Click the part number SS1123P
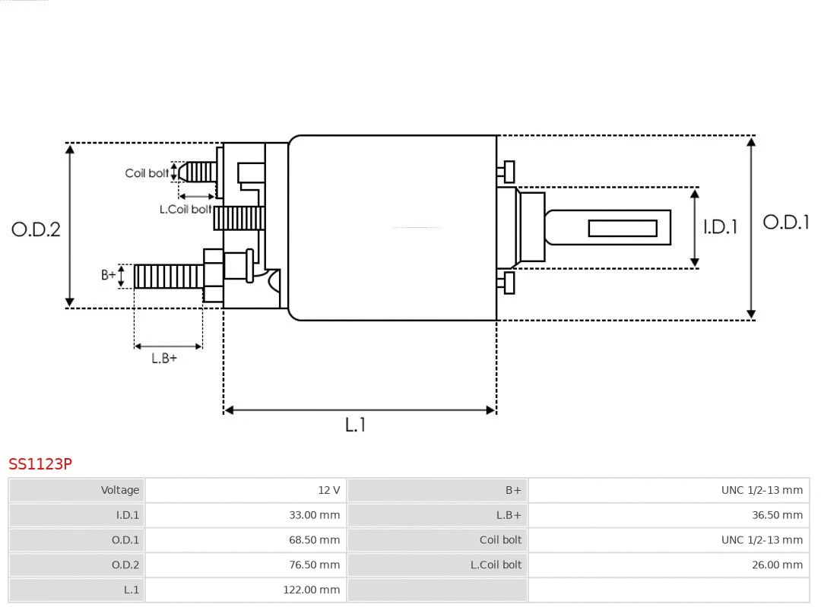[40, 463]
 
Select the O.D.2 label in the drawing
[36, 229]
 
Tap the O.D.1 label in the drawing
[786, 222]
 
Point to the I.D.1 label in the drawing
[720, 226]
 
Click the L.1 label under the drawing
[356, 425]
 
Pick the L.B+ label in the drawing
[164, 358]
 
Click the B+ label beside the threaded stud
[109, 275]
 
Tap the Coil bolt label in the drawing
[147, 173]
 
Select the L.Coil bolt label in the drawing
[185, 209]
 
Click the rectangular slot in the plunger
[623, 228]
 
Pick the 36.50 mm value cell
[668, 515]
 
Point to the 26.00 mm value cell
[668, 565]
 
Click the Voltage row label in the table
[77, 490]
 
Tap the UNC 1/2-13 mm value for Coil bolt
[668, 540]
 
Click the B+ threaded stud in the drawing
[168, 277]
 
